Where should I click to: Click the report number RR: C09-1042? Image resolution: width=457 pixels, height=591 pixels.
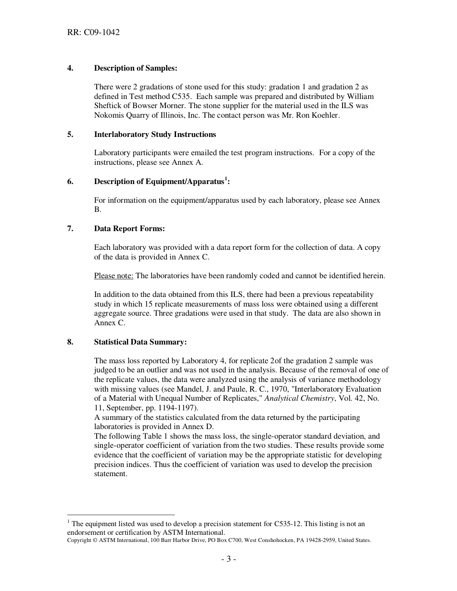pos(93,33)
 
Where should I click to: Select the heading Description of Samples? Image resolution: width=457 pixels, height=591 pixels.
pos(136,68)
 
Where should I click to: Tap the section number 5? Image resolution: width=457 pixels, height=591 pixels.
pos(70,135)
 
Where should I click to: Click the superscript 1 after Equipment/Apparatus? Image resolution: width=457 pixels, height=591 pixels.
pos(226,179)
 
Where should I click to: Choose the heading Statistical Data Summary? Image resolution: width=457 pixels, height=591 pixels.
pos(140,342)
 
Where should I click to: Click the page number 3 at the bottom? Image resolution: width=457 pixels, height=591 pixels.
pos(228,559)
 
